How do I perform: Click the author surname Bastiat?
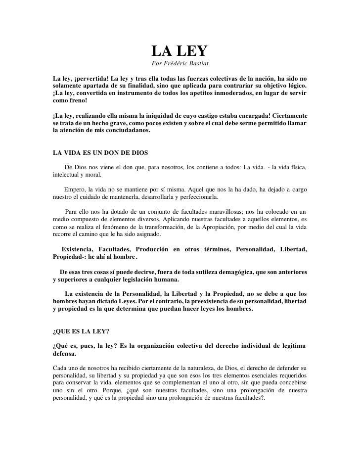pos(197,64)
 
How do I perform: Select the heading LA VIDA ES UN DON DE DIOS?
pos(100,153)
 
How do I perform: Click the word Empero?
pos(75,189)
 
